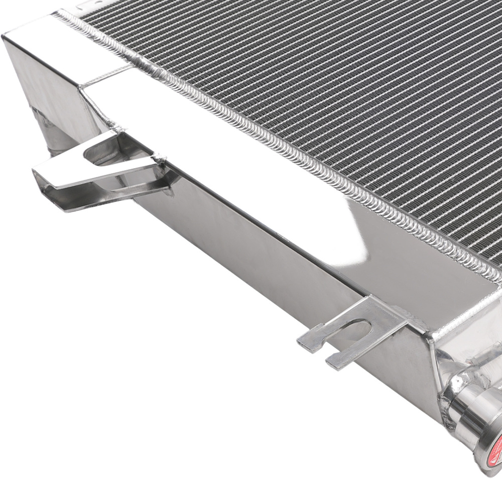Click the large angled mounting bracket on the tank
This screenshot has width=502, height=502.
tap(100, 171)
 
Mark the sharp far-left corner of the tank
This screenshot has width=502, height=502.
tap(4, 36)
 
